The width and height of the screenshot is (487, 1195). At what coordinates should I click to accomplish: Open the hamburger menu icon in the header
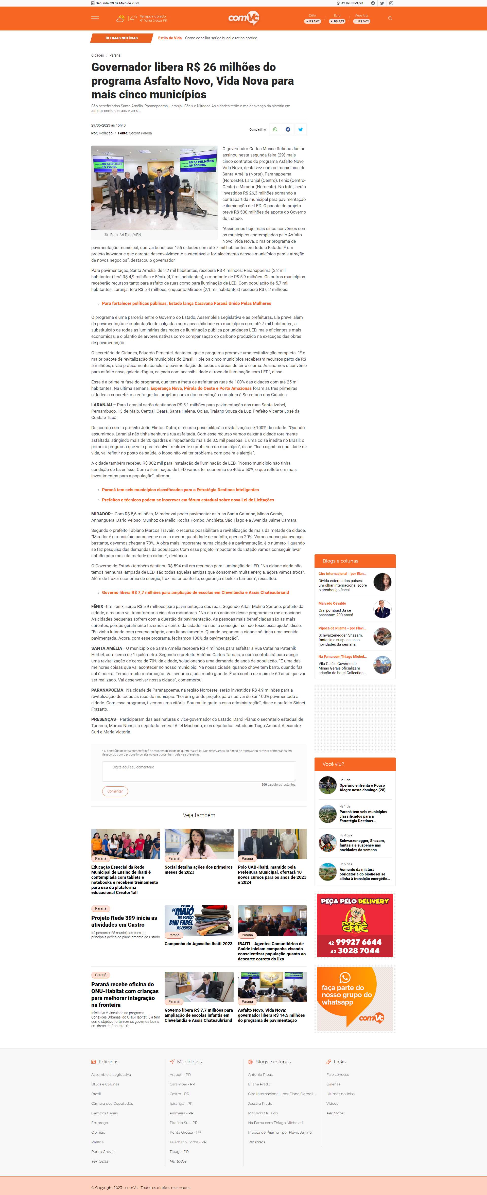click(95, 19)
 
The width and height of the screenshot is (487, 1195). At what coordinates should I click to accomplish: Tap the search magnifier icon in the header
click(390, 19)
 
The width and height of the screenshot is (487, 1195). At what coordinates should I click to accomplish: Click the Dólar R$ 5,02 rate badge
click(312, 21)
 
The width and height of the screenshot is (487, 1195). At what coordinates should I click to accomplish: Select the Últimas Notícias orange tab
click(121, 38)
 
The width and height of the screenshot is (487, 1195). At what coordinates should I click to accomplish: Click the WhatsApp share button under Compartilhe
click(275, 129)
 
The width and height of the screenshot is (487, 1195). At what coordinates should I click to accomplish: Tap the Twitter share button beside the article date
click(301, 129)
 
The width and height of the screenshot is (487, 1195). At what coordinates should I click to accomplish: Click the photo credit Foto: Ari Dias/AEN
click(125, 235)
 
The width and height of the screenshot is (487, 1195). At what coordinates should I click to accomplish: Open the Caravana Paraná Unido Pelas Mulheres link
click(186, 303)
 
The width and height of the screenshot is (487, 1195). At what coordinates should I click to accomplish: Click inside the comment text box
click(199, 771)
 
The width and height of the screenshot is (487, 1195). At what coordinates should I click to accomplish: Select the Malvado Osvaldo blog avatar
click(382, 609)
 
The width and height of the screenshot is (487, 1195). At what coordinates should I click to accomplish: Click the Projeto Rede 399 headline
click(124, 921)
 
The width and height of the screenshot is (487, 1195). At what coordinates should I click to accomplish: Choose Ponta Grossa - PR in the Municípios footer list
click(185, 1132)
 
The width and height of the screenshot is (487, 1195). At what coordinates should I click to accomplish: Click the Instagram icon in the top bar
click(391, 3)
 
